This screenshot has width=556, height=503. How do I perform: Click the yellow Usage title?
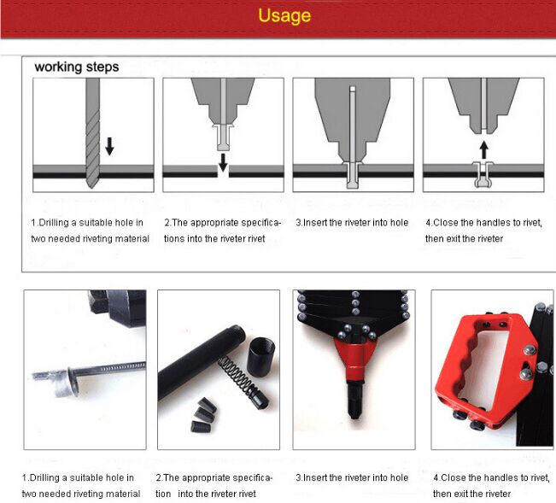[x=284, y=15]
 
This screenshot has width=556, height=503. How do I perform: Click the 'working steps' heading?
[x=77, y=67]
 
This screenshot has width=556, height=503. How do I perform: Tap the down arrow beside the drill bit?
[x=109, y=146]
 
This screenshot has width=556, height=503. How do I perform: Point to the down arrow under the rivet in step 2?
[x=223, y=162]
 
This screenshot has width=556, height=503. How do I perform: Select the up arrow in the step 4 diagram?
[x=483, y=150]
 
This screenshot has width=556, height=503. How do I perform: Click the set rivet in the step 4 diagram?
[x=483, y=174]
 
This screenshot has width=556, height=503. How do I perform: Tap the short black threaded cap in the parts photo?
[x=260, y=357]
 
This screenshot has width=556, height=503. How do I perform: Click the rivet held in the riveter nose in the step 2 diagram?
[x=223, y=137]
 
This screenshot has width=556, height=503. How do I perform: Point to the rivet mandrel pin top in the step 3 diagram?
[x=352, y=89]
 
